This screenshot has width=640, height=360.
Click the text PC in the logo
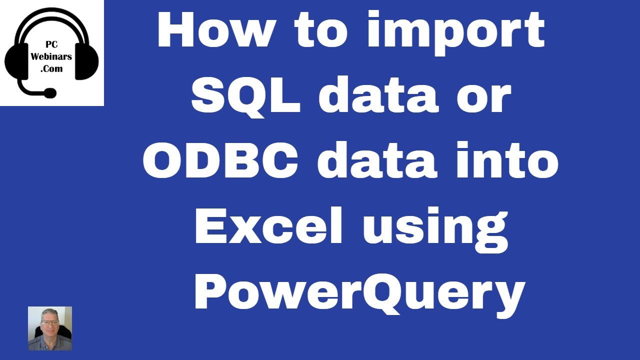pos(52,45)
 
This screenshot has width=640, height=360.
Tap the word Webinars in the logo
pos(52,57)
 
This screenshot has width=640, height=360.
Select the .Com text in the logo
pos(52,69)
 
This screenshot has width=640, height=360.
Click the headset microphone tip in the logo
pos(50,93)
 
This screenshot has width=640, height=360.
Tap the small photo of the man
pos(50,328)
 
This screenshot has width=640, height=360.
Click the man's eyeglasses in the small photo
pos(50,323)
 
